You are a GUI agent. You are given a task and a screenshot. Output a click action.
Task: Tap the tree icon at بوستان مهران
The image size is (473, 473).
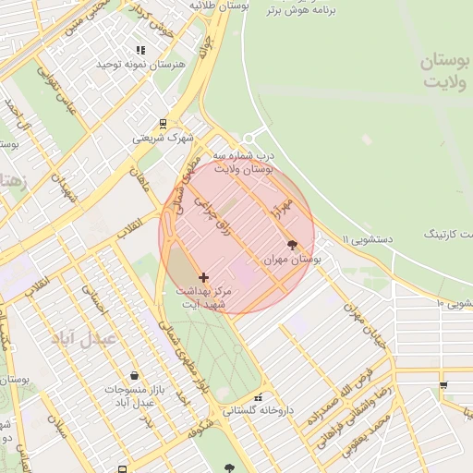[293, 246]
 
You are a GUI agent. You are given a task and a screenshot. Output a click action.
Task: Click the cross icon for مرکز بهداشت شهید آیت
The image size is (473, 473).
[203, 276]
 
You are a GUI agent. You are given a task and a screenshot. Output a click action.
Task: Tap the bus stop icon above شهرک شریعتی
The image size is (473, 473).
[163, 123]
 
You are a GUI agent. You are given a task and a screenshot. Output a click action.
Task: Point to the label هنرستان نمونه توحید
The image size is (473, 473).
[141, 65]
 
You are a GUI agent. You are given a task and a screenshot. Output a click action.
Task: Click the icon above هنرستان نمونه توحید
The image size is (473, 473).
[140, 51]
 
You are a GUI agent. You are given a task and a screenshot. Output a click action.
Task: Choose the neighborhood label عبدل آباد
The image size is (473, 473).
[91, 338]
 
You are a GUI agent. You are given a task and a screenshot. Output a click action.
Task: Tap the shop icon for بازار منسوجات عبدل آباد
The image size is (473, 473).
[136, 376]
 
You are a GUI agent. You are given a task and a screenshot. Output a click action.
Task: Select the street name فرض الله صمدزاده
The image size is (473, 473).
[339, 395]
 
